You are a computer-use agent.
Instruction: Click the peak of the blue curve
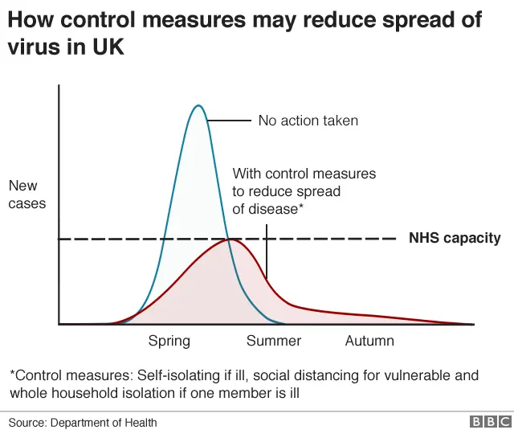pyautogui.click(x=198, y=105)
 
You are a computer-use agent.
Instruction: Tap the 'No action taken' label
pyautogui.click(x=308, y=121)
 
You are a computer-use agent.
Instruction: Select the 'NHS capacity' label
pyautogui.click(x=455, y=238)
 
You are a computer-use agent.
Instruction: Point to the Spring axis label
pyautogui.click(x=169, y=341)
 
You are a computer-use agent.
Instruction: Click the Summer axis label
pyautogui.click(x=274, y=341)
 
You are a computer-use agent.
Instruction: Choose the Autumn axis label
pyautogui.click(x=369, y=341)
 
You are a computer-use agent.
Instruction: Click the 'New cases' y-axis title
pyautogui.click(x=27, y=194)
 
